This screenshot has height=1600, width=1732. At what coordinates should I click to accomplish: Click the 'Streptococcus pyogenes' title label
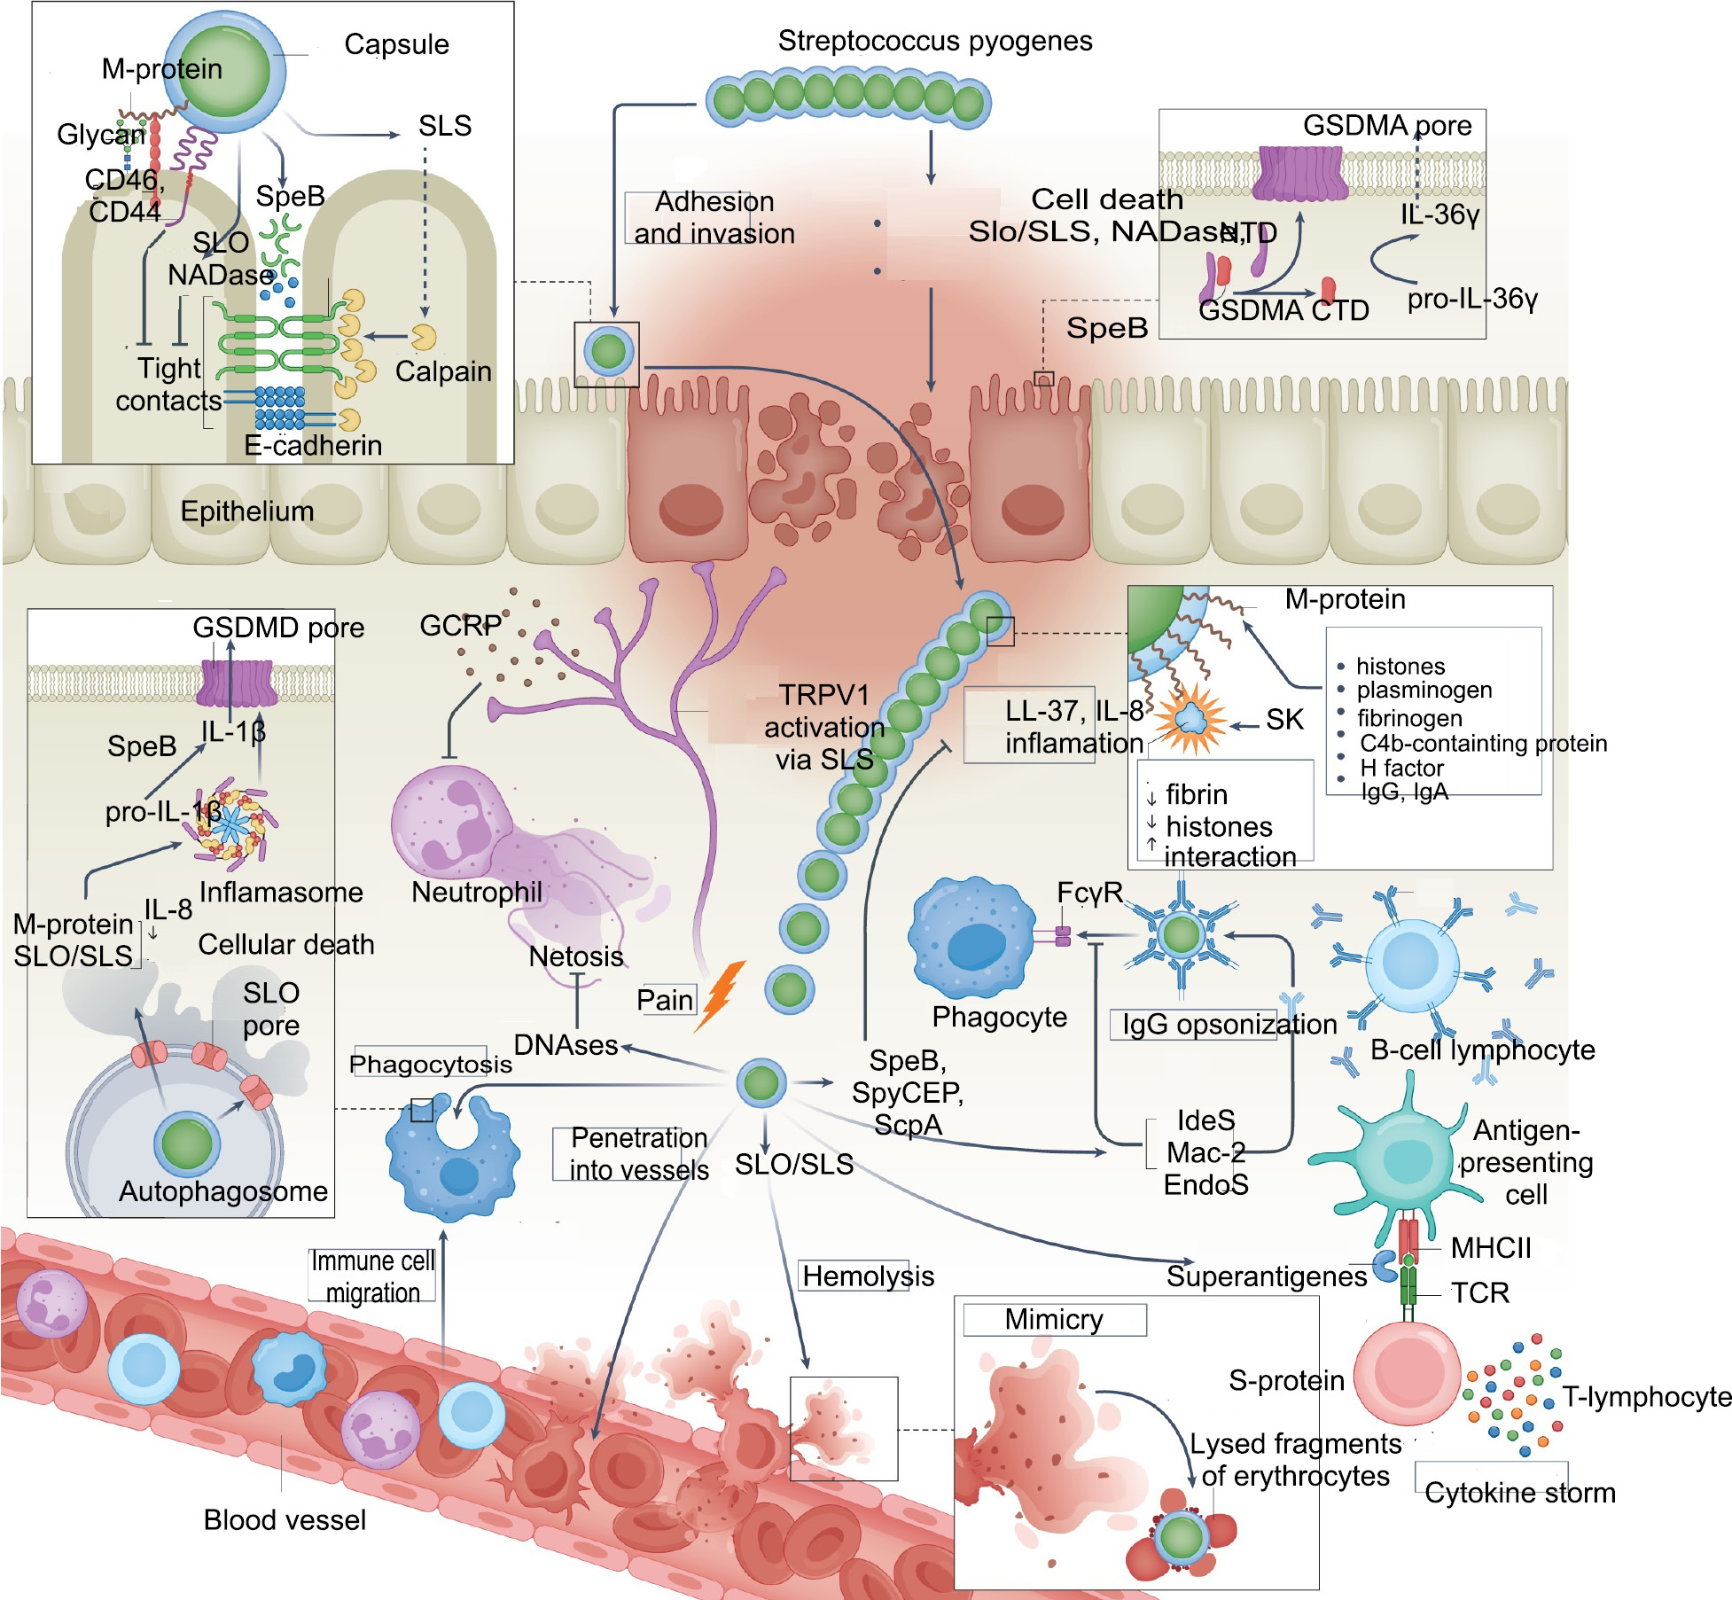pos(934,41)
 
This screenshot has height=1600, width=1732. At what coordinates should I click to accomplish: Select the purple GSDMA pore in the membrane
pos(1299,173)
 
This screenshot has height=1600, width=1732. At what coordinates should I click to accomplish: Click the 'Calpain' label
pos(442,371)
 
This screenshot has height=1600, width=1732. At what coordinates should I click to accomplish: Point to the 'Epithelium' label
pos(247,511)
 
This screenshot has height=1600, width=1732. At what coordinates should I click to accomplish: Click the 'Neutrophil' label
pos(477,892)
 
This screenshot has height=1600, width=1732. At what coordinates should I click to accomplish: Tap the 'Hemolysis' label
pos(868,1276)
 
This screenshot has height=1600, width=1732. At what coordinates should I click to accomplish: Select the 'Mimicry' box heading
pos(1054,1320)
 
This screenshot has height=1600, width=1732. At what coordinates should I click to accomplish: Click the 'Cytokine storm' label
pos(1519,1493)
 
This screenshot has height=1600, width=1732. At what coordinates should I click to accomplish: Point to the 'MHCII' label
pos(1491,1248)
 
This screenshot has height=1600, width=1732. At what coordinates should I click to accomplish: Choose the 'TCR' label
pos(1479,1292)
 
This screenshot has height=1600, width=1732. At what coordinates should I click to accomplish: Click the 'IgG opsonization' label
pos(1229,1025)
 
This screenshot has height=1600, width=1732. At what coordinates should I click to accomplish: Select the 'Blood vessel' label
pos(285,1520)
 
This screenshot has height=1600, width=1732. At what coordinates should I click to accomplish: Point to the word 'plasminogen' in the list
pos(1424,690)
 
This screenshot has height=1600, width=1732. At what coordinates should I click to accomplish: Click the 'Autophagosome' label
pos(223,1191)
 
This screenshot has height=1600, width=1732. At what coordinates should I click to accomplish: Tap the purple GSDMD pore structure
pos(236,683)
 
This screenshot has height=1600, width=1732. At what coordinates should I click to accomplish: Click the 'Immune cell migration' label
pos(372,1276)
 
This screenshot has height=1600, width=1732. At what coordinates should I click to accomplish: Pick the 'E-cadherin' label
pos(313,445)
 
